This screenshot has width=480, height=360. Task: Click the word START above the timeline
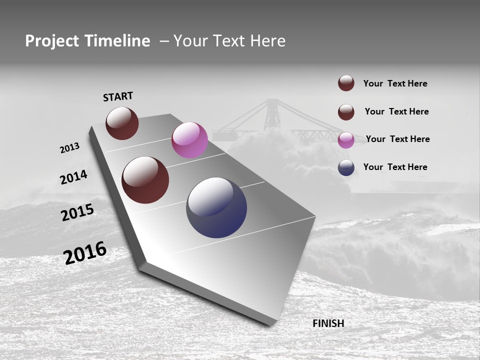[x=118, y=96]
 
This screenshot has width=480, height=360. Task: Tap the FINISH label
[x=328, y=323]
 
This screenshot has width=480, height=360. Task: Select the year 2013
[x=69, y=148]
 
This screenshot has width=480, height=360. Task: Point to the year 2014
[x=73, y=177]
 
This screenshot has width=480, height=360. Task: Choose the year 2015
[x=77, y=212]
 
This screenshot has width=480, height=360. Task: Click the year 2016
[x=85, y=253]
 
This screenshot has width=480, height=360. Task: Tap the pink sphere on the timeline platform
[x=189, y=140]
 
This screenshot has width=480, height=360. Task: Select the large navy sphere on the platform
[x=216, y=207]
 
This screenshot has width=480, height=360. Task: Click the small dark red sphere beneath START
[x=122, y=123]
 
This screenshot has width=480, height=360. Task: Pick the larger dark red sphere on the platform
[x=145, y=180]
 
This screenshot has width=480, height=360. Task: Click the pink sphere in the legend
[x=346, y=140]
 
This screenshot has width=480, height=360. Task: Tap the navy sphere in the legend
[x=346, y=167]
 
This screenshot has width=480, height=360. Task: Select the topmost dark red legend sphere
[x=346, y=83]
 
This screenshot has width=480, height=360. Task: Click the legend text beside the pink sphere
[x=397, y=139]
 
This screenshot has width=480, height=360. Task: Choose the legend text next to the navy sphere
[x=395, y=167]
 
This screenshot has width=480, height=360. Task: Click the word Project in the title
[x=52, y=41]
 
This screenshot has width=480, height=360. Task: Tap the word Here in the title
[x=267, y=41]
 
